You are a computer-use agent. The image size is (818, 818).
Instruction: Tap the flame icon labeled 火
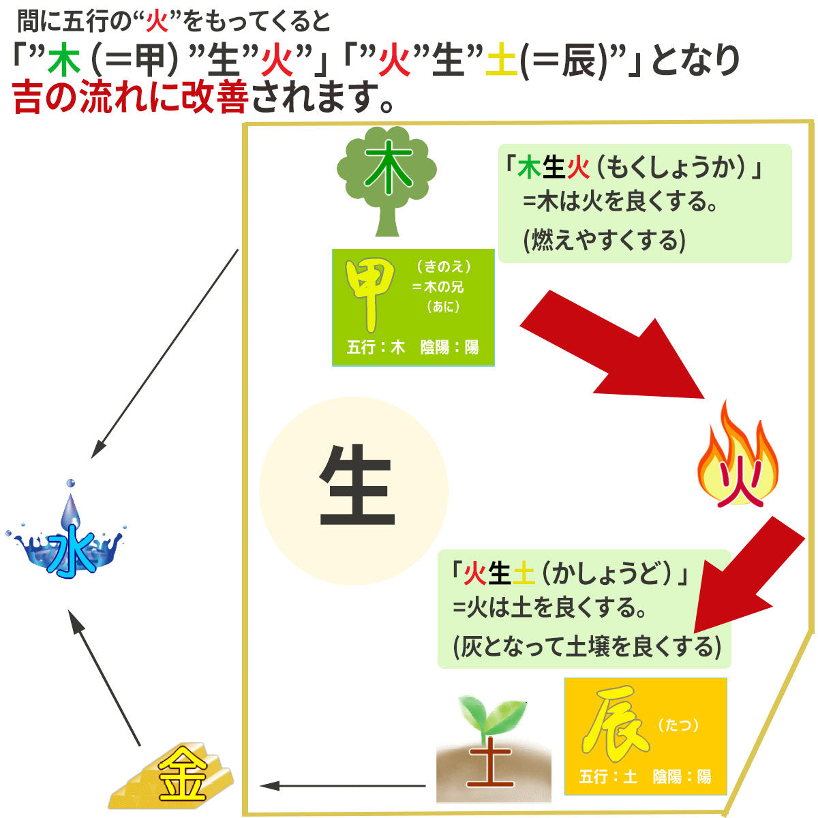click(x=738, y=464)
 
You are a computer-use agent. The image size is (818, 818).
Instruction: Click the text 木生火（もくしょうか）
click(x=632, y=168)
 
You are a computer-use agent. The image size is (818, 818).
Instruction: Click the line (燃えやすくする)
click(x=603, y=240)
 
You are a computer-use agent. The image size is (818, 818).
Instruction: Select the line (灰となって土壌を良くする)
click(x=586, y=646)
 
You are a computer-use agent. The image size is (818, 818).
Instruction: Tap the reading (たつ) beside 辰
click(x=678, y=725)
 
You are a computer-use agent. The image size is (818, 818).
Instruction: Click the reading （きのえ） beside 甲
click(x=443, y=267)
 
